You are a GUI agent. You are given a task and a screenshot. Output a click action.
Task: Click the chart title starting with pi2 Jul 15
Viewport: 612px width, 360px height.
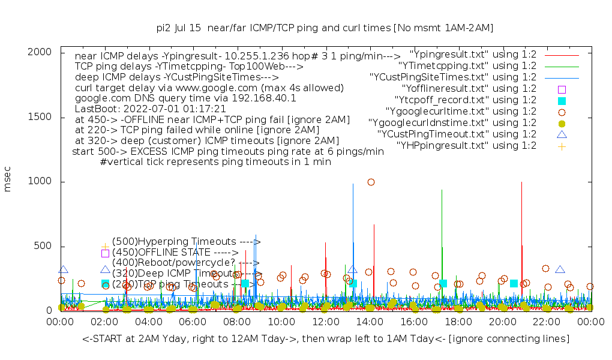[x=324, y=28]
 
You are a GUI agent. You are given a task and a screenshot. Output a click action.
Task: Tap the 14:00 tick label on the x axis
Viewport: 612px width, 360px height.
[x=370, y=323]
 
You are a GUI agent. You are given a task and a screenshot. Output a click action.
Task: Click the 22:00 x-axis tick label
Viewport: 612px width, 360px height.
[x=547, y=323]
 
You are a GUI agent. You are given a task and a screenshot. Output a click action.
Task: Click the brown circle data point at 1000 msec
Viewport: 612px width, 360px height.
[x=371, y=182]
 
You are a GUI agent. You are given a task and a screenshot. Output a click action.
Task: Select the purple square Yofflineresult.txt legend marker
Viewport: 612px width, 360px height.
[x=562, y=89]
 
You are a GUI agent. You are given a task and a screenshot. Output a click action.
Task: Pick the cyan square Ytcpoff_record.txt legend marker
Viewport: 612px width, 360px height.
[x=562, y=101]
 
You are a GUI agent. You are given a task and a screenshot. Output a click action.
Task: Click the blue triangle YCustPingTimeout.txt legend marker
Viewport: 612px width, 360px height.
[x=562, y=134]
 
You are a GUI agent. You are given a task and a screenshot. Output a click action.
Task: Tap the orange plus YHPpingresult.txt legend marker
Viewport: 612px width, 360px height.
[x=562, y=146]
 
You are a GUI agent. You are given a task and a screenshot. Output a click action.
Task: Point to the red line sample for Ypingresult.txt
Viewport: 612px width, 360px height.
[x=562, y=55]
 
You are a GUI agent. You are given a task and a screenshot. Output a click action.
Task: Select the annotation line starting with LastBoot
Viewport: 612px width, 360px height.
[x=150, y=109]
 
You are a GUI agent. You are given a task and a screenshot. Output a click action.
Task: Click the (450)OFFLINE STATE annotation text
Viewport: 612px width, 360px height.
[x=175, y=253]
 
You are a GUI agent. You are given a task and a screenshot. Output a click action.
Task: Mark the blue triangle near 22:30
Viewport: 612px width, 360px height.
[x=560, y=270]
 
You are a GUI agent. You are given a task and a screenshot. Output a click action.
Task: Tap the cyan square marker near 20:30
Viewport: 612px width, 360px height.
[x=514, y=283]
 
